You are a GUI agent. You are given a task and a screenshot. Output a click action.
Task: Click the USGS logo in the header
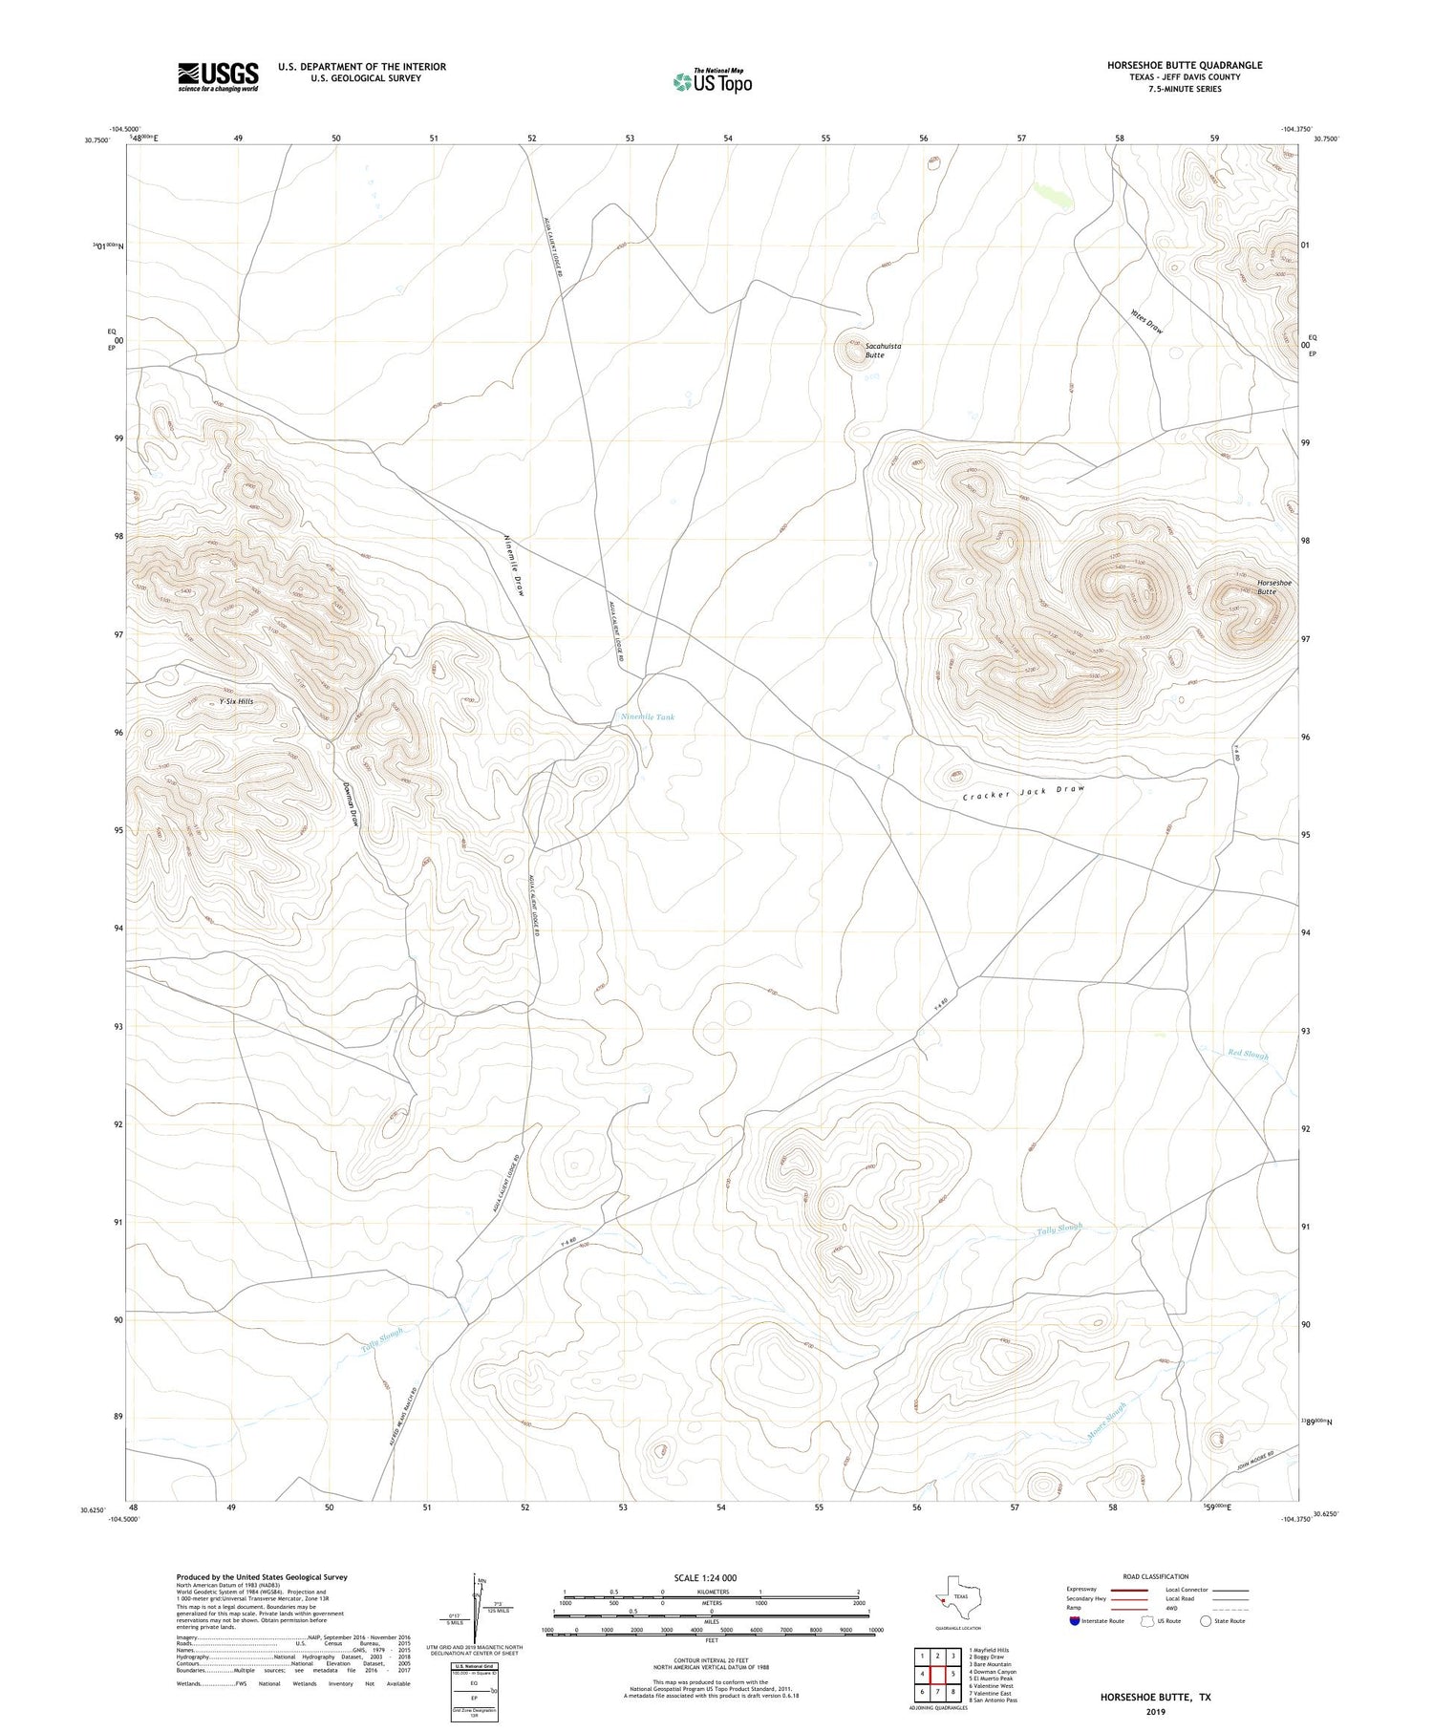coord(218,76)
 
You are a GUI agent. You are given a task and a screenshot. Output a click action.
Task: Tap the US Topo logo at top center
coord(712,81)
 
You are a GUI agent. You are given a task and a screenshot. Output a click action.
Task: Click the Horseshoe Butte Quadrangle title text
coord(1185,65)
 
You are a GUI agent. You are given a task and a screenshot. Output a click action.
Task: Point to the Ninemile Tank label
coord(648,716)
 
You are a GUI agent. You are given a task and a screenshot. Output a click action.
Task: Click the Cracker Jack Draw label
coord(1023,793)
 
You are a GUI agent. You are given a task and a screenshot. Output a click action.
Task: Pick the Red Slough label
coord(1248,1055)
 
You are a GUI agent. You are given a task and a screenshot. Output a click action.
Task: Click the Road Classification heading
coord(1156,1576)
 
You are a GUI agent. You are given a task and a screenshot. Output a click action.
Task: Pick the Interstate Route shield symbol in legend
coord(1075,1620)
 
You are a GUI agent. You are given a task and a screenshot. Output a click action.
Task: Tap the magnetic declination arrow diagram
coord(476,1605)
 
